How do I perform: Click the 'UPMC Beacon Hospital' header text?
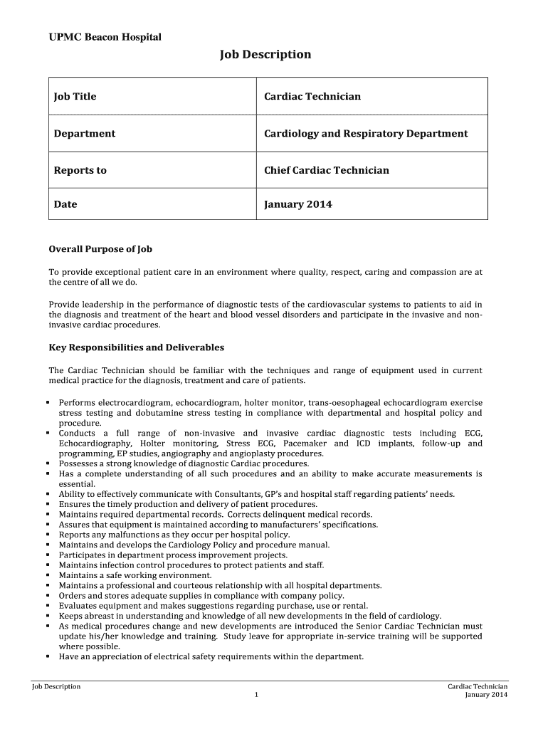coord(105,36)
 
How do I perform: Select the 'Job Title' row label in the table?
coord(75,96)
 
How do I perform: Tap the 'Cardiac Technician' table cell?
coord(312,96)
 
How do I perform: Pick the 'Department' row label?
coord(85,133)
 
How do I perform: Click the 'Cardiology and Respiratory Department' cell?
coord(366,133)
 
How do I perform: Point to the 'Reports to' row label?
coord(80,170)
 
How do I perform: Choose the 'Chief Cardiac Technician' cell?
coord(327,170)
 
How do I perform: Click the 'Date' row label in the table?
coord(65,204)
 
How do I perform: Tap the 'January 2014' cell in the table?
coord(297,204)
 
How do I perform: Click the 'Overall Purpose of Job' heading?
coord(100,249)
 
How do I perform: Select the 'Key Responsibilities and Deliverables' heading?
coord(136,347)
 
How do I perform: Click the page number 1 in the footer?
coord(254,695)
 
